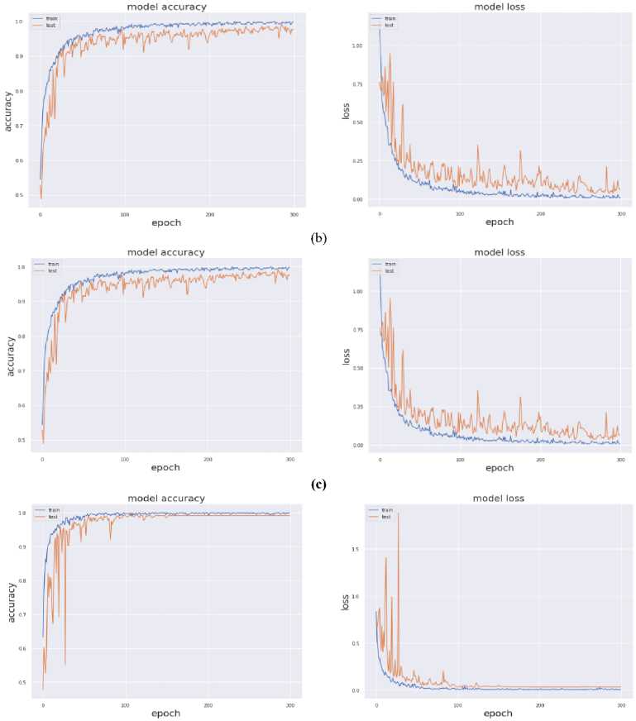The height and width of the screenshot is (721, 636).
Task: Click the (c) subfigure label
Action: click(x=318, y=485)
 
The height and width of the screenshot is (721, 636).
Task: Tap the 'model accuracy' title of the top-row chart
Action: click(x=166, y=7)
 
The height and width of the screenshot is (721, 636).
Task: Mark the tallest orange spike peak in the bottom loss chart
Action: click(x=399, y=513)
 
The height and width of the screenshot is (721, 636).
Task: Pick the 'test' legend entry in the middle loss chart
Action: click(x=389, y=270)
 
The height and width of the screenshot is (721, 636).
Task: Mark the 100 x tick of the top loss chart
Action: click(x=460, y=214)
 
